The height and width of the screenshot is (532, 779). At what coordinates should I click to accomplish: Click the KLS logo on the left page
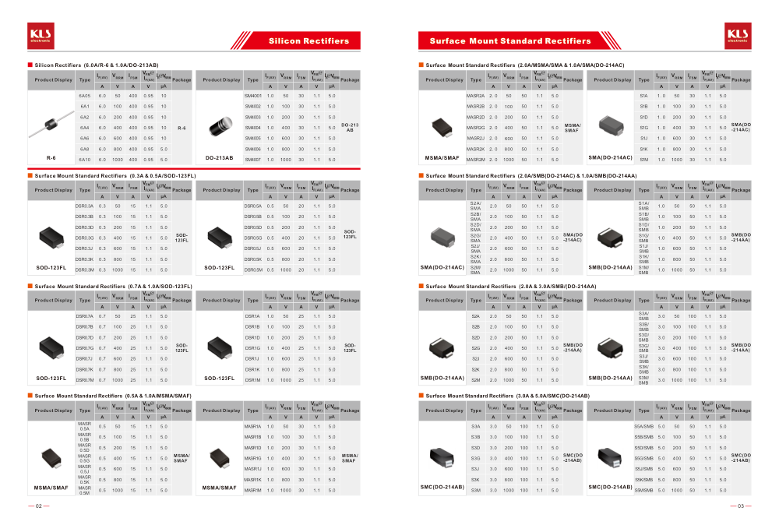(x=40, y=34)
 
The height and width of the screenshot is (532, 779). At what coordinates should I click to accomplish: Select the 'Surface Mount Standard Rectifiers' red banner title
(x=510, y=41)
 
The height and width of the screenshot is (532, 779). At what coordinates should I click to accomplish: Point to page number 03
(x=739, y=506)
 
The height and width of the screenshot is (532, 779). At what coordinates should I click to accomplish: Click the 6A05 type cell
(x=85, y=95)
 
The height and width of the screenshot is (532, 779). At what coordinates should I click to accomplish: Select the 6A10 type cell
(x=85, y=159)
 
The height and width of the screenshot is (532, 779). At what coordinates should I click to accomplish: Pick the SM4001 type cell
(x=253, y=95)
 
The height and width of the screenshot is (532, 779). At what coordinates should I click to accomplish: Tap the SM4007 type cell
(x=253, y=159)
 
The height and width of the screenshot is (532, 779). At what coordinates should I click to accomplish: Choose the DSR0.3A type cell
(x=85, y=206)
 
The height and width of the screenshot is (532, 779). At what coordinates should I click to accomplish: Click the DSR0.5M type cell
(x=253, y=270)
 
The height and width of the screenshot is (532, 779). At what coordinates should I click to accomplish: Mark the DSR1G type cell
(x=253, y=348)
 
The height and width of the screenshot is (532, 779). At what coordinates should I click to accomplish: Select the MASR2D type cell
(x=475, y=117)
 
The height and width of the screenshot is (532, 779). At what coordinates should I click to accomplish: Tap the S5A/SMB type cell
(x=643, y=427)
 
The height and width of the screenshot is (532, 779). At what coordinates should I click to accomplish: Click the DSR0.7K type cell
(x=85, y=369)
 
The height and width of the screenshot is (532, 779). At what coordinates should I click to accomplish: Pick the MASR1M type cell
(x=253, y=490)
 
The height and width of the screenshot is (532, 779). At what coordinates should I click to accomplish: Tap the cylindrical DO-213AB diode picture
(x=219, y=127)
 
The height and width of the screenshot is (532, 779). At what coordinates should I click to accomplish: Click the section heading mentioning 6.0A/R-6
(x=97, y=65)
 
